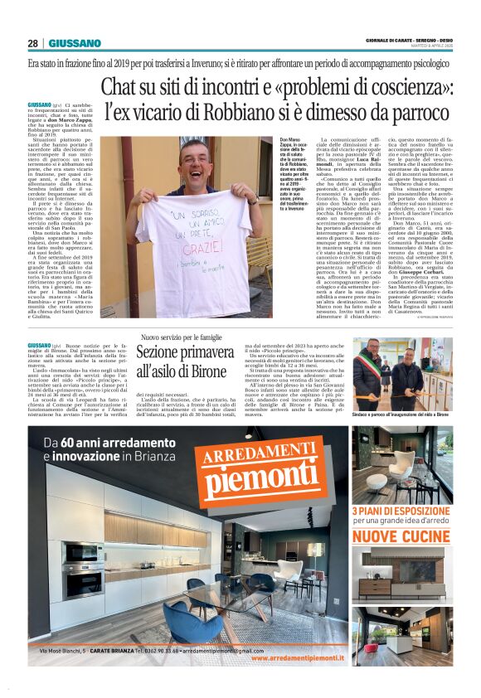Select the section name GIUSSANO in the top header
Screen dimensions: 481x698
75,43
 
